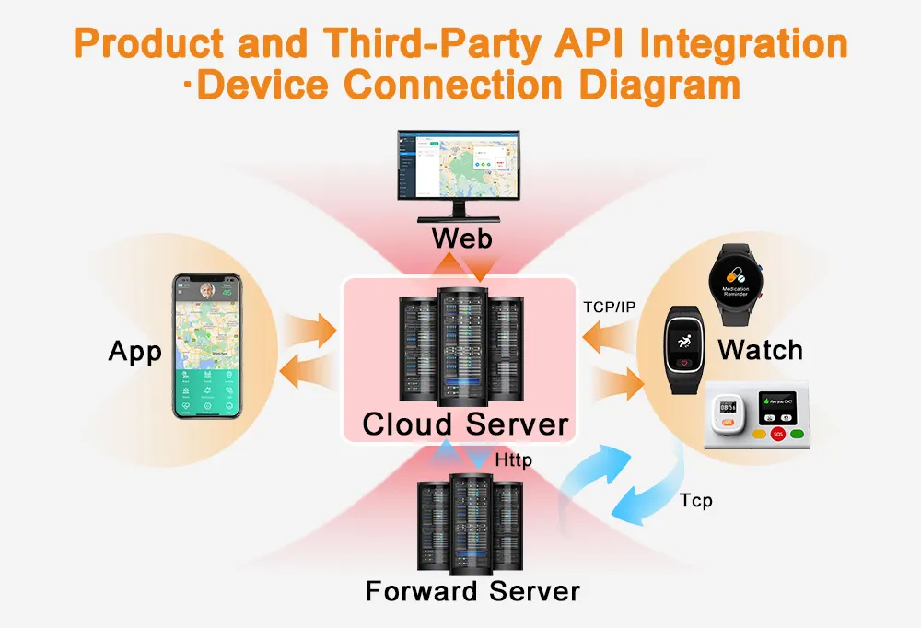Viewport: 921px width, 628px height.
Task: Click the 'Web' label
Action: (x=462, y=238)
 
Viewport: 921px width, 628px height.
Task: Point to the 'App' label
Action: (x=135, y=351)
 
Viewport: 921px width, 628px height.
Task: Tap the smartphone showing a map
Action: (x=207, y=346)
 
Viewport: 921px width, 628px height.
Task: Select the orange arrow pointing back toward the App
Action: (x=305, y=372)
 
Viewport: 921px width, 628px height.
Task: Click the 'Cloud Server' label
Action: (x=465, y=424)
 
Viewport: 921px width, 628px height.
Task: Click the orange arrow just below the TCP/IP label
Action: (x=609, y=339)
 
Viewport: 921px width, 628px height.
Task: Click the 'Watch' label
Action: (x=760, y=350)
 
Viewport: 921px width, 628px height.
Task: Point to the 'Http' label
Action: (x=513, y=459)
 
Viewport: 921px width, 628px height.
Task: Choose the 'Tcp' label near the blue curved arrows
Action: (x=695, y=501)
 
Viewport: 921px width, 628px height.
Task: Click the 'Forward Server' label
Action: (x=472, y=590)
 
